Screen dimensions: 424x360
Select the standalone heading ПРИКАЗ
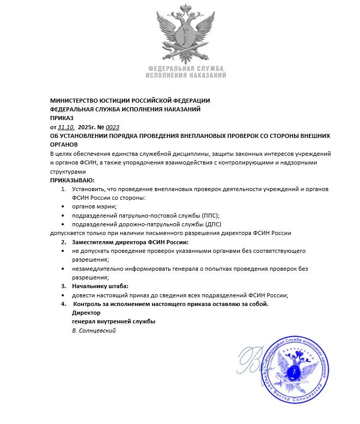click(61, 118)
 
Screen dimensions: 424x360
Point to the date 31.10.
click(66, 127)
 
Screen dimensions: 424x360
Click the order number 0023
click(112, 127)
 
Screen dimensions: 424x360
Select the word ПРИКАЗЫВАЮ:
click(72, 180)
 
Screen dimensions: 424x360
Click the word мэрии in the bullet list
click(107, 206)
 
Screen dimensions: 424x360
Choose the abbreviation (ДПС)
click(211, 224)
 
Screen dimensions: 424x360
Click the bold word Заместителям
click(96, 242)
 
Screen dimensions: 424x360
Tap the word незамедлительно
click(98, 269)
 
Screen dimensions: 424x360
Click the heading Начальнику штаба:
click(100, 286)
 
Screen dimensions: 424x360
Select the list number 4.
click(63, 304)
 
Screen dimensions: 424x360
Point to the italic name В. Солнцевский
click(94, 331)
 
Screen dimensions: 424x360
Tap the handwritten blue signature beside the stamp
click(258, 362)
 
